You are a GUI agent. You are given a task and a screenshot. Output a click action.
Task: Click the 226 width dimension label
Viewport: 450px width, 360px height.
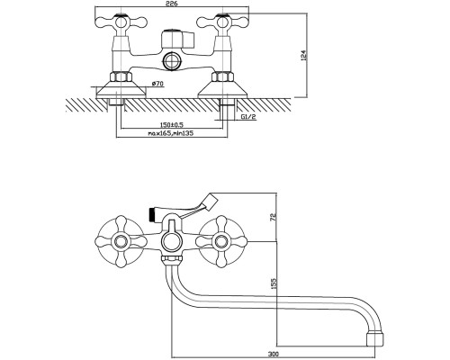(x=172, y=4)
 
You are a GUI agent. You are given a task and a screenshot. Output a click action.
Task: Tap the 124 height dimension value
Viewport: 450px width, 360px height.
(x=303, y=56)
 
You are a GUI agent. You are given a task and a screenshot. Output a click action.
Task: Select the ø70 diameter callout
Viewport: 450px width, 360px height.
(x=157, y=84)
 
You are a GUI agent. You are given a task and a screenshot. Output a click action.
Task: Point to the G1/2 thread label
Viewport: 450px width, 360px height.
(x=248, y=117)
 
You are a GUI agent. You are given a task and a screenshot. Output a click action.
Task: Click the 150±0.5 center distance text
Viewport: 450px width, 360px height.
(x=172, y=125)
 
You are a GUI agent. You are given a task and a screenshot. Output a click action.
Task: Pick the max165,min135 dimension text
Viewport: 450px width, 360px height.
(x=171, y=133)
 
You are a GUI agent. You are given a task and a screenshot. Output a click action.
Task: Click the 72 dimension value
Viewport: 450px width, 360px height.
(x=274, y=217)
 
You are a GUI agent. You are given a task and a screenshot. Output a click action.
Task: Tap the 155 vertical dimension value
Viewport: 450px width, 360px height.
(x=274, y=283)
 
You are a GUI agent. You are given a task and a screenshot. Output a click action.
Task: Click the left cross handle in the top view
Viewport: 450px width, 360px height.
(x=121, y=22)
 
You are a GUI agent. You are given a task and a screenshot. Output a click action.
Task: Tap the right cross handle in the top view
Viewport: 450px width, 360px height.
(x=222, y=22)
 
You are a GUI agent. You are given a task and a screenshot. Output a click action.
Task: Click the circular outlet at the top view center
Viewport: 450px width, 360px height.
(x=171, y=62)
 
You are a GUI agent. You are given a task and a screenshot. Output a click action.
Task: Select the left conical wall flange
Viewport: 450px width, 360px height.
(x=121, y=89)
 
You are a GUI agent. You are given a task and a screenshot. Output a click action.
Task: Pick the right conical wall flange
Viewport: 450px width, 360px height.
(x=222, y=89)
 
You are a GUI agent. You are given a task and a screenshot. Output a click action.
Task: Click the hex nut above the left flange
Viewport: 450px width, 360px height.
(x=121, y=76)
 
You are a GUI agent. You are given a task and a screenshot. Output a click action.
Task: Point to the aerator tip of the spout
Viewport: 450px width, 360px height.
(x=375, y=338)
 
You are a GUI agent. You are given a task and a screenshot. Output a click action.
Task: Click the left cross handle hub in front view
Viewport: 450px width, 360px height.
(x=121, y=241)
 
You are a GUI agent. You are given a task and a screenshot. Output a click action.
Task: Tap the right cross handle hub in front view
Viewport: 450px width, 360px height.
(x=222, y=241)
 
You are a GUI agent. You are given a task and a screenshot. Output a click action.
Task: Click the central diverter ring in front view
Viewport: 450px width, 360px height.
(x=171, y=242)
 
